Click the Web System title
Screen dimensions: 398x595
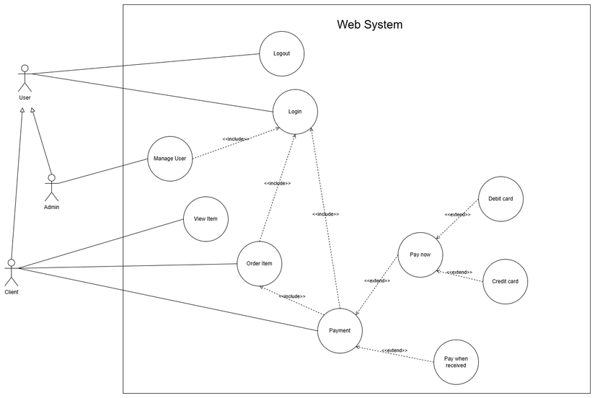pos(369,25)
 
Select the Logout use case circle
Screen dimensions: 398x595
pos(281,54)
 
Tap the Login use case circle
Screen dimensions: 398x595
pos(295,112)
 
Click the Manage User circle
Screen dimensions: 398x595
pos(170,159)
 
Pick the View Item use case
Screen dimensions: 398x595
pos(206,218)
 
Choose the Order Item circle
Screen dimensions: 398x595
pos(259,264)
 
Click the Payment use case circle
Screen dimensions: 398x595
pos(340,330)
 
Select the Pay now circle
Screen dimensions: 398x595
pos(420,255)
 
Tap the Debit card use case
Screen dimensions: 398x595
pos(501,198)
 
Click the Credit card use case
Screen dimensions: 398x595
pos(505,281)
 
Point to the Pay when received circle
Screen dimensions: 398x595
pos(456,361)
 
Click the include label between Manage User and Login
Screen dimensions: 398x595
pos(236,139)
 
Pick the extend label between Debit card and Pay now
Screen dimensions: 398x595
pos(457,214)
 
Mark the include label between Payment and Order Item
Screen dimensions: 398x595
pos(292,296)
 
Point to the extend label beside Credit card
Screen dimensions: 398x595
pos(459,273)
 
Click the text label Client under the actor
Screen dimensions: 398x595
pos(12,293)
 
